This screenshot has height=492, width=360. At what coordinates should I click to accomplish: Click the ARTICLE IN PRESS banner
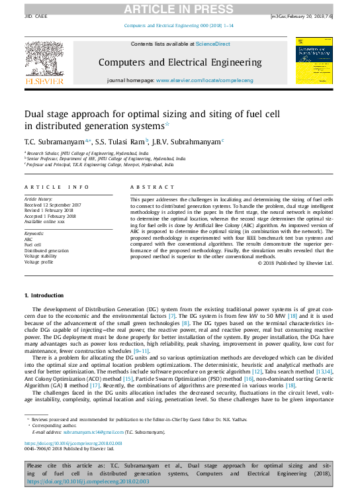point(179,8)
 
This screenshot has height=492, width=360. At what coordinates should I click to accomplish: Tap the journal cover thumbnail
point(314,60)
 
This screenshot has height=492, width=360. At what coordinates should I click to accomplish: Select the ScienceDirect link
point(213,44)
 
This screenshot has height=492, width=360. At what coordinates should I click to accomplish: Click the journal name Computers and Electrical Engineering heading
point(179,62)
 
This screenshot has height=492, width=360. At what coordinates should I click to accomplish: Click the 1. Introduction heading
point(44,295)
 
